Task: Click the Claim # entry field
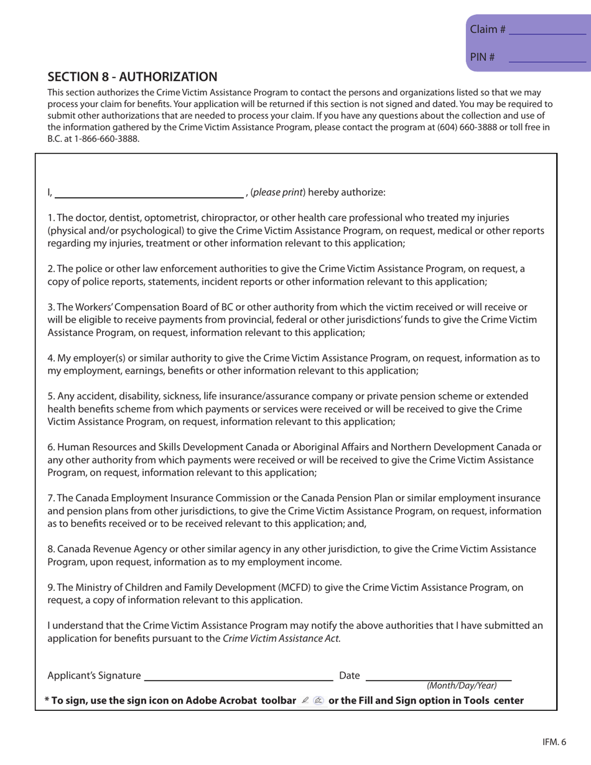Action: pos(547,29)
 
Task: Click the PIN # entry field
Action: pos(547,57)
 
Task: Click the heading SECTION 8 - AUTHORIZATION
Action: pos(133,76)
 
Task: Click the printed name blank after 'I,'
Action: pos(149,192)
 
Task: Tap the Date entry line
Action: pos(437,675)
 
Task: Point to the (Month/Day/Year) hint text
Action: pos(461,685)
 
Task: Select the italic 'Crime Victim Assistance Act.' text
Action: pos(282,637)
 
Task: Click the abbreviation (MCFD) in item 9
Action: pos(276,587)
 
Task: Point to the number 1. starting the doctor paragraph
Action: pos(52,218)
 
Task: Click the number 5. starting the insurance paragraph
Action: pos(52,396)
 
